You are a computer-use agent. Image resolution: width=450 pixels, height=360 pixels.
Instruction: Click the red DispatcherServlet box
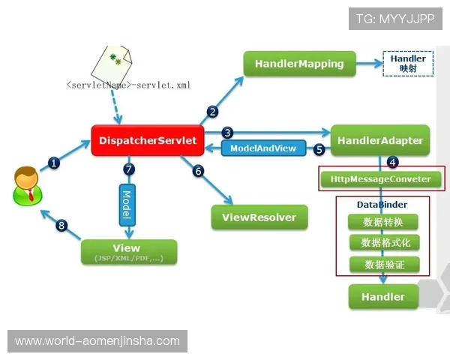pyautogui.click(x=148, y=140)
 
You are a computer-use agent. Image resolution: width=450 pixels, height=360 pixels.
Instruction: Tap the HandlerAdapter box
pyautogui.click(x=379, y=140)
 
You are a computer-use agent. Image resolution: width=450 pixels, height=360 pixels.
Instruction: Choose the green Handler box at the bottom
pyautogui.click(x=382, y=297)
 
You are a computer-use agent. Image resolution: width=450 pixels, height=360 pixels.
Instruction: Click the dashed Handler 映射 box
pyautogui.click(x=408, y=63)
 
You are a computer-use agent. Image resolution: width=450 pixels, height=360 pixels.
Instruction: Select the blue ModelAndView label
pyautogui.click(x=263, y=148)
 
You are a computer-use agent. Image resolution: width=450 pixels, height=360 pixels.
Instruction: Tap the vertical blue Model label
pyautogui.click(x=126, y=203)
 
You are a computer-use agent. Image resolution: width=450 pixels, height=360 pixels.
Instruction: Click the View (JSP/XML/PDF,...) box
pyautogui.click(x=128, y=252)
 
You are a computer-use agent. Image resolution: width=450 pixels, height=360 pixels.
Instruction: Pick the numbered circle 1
pyautogui.click(x=54, y=161)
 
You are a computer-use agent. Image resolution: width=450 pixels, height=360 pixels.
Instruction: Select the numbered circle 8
pyautogui.click(x=61, y=224)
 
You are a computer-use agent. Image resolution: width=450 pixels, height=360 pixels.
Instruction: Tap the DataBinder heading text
pyautogui.click(x=382, y=204)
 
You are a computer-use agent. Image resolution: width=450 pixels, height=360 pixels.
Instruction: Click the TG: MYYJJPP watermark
pyautogui.click(x=395, y=19)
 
